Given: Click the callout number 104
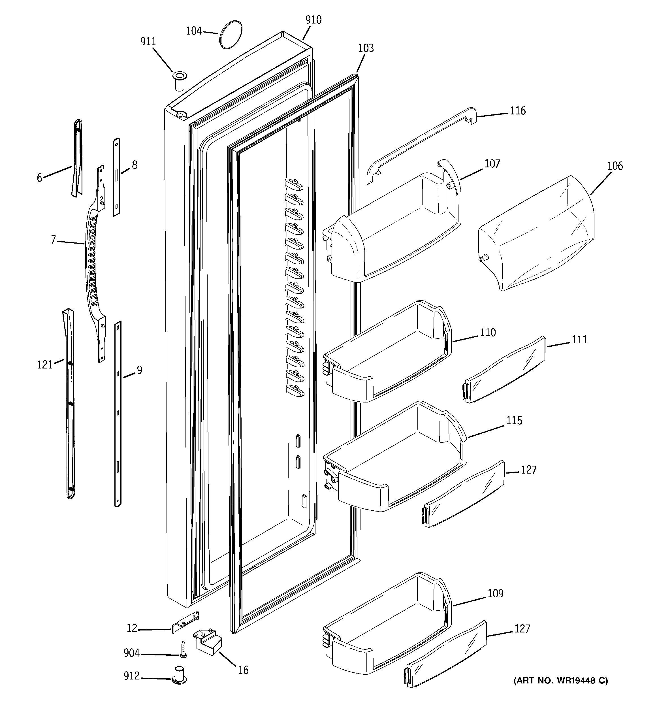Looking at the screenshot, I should [x=194, y=31].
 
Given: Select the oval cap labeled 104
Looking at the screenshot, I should [x=231, y=34].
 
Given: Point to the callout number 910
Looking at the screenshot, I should [x=313, y=20].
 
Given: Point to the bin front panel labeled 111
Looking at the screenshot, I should [x=504, y=370].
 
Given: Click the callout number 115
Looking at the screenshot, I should [x=514, y=421].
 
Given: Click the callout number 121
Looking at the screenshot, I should [x=45, y=365].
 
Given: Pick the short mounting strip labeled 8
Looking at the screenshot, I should [x=116, y=177].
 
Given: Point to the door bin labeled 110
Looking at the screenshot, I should [x=388, y=353].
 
